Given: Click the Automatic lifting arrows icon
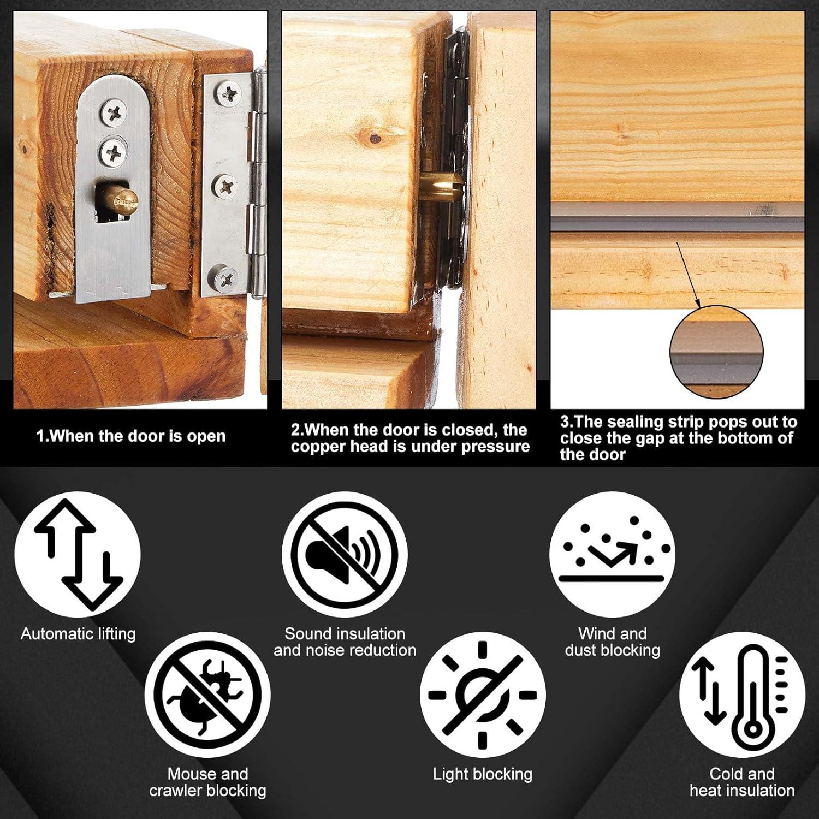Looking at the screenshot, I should [78, 555].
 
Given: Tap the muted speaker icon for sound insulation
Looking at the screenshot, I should [345, 555].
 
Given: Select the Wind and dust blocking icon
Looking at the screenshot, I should [612, 555].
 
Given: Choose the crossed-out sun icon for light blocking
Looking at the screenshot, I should [482, 695].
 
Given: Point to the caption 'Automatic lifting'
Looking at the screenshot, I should [78, 634].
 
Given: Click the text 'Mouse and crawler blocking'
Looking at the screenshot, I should [207, 782].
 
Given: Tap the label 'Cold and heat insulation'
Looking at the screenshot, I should [741, 782].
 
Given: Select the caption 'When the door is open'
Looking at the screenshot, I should [130, 436].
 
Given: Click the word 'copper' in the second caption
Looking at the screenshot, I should [318, 447].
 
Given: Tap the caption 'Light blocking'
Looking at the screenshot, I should [482, 774].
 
